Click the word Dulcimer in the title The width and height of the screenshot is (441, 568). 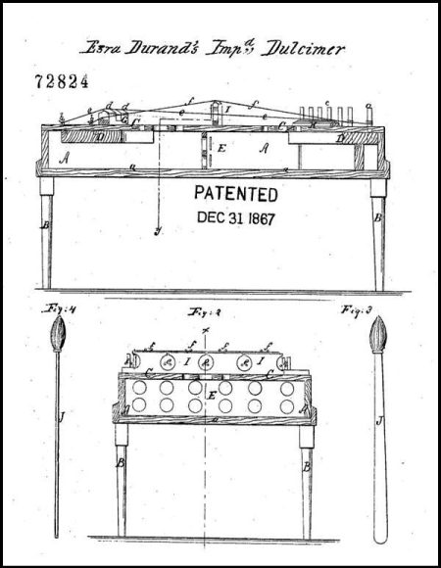pyautogui.click(x=304, y=48)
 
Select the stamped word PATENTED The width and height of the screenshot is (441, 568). pyautogui.click(x=235, y=194)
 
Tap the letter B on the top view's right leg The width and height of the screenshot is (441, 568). pyautogui.click(x=377, y=208)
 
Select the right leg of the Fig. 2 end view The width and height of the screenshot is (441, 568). pyautogui.click(x=307, y=480)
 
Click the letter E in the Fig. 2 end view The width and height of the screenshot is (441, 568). pyautogui.click(x=210, y=395)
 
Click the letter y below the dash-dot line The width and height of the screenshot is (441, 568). pyautogui.click(x=157, y=230)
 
